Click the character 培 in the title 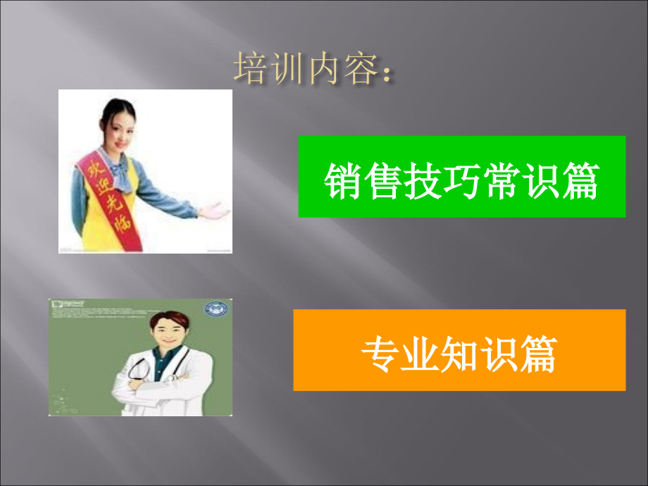(x=249, y=70)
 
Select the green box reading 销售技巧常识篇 (x=461, y=177)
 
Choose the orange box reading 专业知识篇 (x=459, y=350)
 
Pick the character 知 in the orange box (x=460, y=352)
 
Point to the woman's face (x=118, y=127)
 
